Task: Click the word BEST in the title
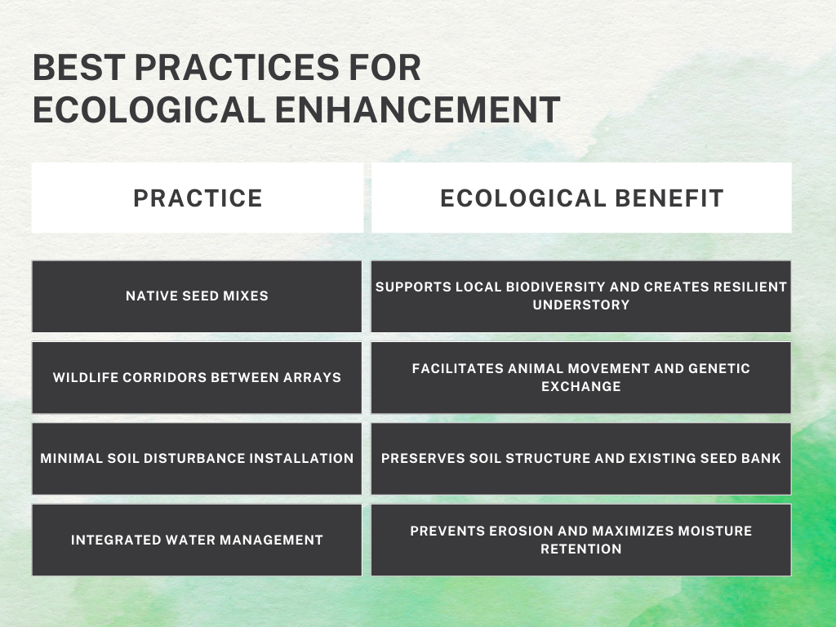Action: coord(79,67)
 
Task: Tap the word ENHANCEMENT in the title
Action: coord(417,110)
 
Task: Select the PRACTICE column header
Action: coord(198,198)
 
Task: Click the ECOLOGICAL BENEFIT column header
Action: coord(581,198)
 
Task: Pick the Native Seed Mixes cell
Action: coord(197,296)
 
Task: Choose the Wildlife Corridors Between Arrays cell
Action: coord(197,377)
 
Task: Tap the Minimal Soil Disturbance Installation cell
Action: coord(197,459)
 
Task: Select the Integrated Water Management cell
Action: coord(197,540)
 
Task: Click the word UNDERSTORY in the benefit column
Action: coord(581,305)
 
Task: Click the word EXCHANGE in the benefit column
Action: coord(581,386)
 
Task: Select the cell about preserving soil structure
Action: coord(581,459)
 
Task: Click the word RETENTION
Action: coord(581,549)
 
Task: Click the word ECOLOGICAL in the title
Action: coord(149,110)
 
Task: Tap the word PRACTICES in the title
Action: coord(237,67)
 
